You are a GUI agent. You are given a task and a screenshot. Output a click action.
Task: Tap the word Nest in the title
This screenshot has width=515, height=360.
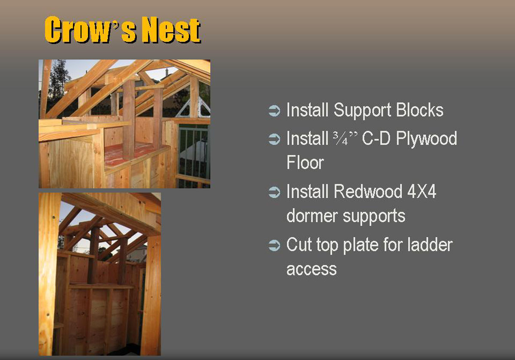coord(172,30)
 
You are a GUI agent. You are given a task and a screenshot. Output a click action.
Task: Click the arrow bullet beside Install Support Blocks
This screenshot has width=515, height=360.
coord(274,111)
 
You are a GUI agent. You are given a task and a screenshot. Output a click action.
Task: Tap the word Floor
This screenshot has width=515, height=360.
coord(305,162)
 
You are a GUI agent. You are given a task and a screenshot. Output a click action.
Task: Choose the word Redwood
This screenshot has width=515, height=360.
coord(368,191)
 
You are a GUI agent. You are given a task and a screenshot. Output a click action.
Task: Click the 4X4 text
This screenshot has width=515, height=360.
coord(421,191)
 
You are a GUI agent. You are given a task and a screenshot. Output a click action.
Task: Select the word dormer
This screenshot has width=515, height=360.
coord(312,216)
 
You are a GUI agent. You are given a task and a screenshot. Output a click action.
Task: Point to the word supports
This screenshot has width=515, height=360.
coord(374,217)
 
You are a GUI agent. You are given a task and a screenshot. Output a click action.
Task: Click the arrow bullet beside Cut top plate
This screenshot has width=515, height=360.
coord(274,245)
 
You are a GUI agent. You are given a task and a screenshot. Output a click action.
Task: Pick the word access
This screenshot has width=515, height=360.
coord(312,269)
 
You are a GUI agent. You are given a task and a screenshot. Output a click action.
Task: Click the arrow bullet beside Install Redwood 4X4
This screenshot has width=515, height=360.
coord(274,192)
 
